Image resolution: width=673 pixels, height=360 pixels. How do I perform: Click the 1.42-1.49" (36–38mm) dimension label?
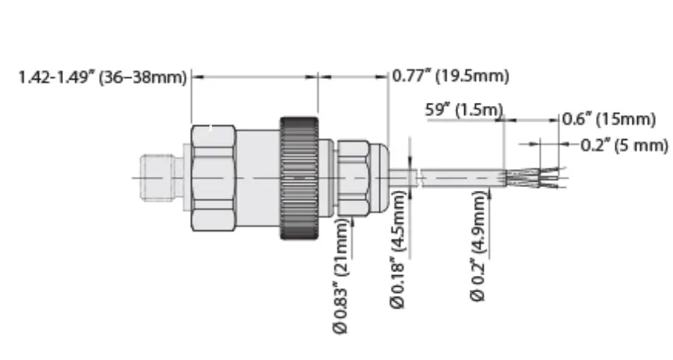pyautogui.click(x=101, y=77)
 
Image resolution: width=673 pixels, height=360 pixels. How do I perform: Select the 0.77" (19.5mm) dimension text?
pyautogui.click(x=450, y=76)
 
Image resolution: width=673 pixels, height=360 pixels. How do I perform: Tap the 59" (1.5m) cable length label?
pyautogui.click(x=463, y=110)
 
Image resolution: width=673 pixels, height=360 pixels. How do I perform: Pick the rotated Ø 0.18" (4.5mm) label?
pyautogui.click(x=399, y=251)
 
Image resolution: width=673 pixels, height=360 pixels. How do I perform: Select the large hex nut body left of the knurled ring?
pyautogui.click(x=213, y=178)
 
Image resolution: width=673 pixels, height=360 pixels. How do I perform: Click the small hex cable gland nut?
pyautogui.click(x=351, y=178)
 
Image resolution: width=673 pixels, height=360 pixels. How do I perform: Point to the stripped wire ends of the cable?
pyautogui.click(x=537, y=178)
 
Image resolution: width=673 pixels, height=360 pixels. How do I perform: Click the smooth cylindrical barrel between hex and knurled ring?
pyautogui.click(x=257, y=178)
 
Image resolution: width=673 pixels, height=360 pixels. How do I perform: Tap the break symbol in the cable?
pyautogui.click(x=418, y=178)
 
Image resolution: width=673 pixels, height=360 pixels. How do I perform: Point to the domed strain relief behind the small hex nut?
pyautogui.click(x=379, y=178)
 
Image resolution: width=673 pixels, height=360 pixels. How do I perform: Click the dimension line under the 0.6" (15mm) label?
pyautogui.click(x=534, y=120)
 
